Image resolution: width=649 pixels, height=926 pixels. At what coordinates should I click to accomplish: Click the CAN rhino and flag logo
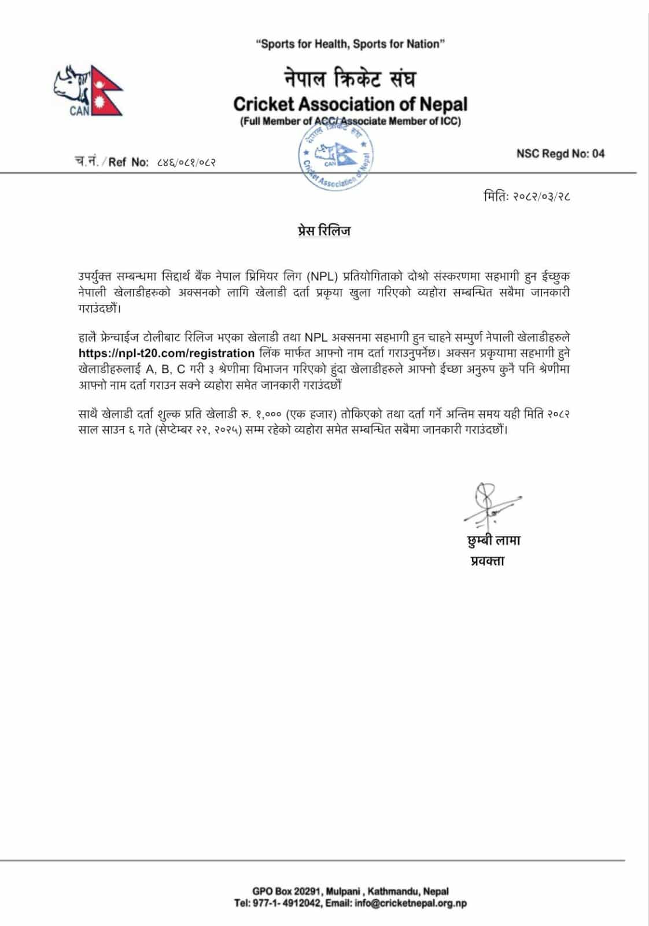click(x=87, y=91)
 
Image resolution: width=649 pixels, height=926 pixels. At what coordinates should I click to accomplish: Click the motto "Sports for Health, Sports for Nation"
click(x=351, y=44)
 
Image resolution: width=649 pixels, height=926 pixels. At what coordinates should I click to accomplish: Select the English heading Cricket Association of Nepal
click(x=350, y=104)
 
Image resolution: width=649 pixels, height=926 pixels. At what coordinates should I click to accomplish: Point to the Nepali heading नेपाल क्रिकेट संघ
click(x=349, y=79)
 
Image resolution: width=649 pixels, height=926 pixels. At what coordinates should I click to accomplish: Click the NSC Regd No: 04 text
click(x=560, y=153)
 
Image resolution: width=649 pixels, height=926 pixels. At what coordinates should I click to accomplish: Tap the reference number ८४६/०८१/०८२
click(x=186, y=162)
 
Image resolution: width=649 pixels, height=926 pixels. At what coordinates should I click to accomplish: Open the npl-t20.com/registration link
click(x=167, y=353)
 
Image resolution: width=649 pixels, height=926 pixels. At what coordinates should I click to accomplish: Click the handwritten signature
click(x=489, y=505)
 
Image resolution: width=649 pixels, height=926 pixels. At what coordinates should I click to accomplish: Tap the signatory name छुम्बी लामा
click(x=493, y=541)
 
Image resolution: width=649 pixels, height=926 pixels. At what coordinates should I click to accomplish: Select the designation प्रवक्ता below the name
click(x=487, y=560)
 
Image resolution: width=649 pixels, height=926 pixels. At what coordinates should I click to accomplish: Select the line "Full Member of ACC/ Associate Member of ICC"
click(x=350, y=121)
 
